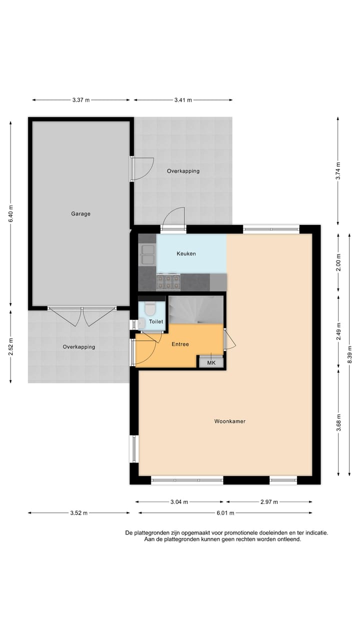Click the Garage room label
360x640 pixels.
click(x=80, y=214)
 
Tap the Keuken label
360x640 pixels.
click(x=186, y=253)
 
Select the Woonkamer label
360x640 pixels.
click(x=229, y=421)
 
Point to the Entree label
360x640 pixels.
click(x=180, y=344)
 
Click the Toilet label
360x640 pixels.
click(x=155, y=322)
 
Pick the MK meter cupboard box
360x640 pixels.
click(x=211, y=363)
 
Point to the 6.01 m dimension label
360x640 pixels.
click(x=225, y=513)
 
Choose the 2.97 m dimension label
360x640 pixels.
click(x=269, y=501)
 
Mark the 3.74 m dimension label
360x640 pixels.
click(x=338, y=171)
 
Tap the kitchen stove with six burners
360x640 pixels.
click(x=168, y=282)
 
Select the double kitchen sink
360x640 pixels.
click(x=148, y=254)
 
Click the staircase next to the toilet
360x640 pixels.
click(x=195, y=309)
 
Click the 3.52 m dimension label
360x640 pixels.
click(x=78, y=513)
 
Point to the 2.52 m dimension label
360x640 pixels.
click(x=11, y=346)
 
